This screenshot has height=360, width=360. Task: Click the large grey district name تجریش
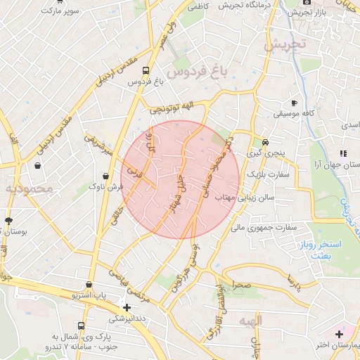point(286,44)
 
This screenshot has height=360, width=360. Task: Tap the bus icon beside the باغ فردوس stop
point(146,71)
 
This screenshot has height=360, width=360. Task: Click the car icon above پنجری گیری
point(265,141)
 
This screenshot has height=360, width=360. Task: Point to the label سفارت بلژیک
point(264,174)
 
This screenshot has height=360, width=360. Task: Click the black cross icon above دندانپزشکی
point(126,307)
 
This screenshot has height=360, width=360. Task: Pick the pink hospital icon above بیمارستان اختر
point(339,333)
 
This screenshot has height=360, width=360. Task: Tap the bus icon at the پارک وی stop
point(82,326)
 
